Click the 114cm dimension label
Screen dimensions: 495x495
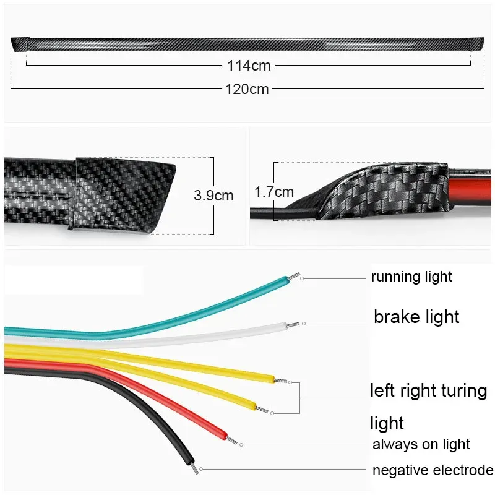247,65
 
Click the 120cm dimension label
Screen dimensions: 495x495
247,89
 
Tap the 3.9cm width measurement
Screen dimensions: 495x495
213,196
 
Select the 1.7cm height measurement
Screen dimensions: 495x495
274,192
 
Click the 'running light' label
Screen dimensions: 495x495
411,277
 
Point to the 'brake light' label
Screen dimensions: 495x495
416,317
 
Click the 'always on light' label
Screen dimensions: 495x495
421,444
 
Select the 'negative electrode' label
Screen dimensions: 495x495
433,470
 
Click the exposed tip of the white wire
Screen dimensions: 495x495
296,324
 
